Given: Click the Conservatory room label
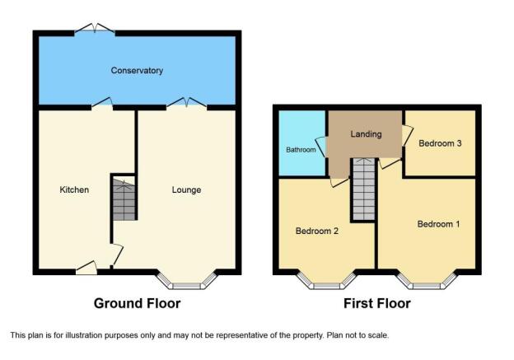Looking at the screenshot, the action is (137, 71).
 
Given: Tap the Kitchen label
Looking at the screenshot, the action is (74, 189).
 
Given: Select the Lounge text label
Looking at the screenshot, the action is (186, 190).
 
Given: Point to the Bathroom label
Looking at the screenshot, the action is (301, 150).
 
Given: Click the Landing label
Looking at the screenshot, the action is (367, 134).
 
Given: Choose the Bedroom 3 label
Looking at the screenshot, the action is (440, 143).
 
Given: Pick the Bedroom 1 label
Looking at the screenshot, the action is (438, 224).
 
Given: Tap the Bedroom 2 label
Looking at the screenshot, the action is (317, 231).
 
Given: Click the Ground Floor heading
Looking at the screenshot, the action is (137, 304).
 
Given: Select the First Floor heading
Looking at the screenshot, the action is (377, 304).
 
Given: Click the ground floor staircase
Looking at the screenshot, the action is (124, 199).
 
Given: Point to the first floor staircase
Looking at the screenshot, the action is (363, 189).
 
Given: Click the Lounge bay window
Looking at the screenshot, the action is (187, 280).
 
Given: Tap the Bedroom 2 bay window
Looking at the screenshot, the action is (326, 280).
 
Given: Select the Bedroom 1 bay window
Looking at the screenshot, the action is (427, 280).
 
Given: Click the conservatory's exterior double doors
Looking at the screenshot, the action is (95, 28).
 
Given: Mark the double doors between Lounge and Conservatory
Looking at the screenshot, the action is (187, 103).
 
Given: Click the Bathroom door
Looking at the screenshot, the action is (321, 147).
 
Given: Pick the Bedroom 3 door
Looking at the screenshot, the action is (407, 135).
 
